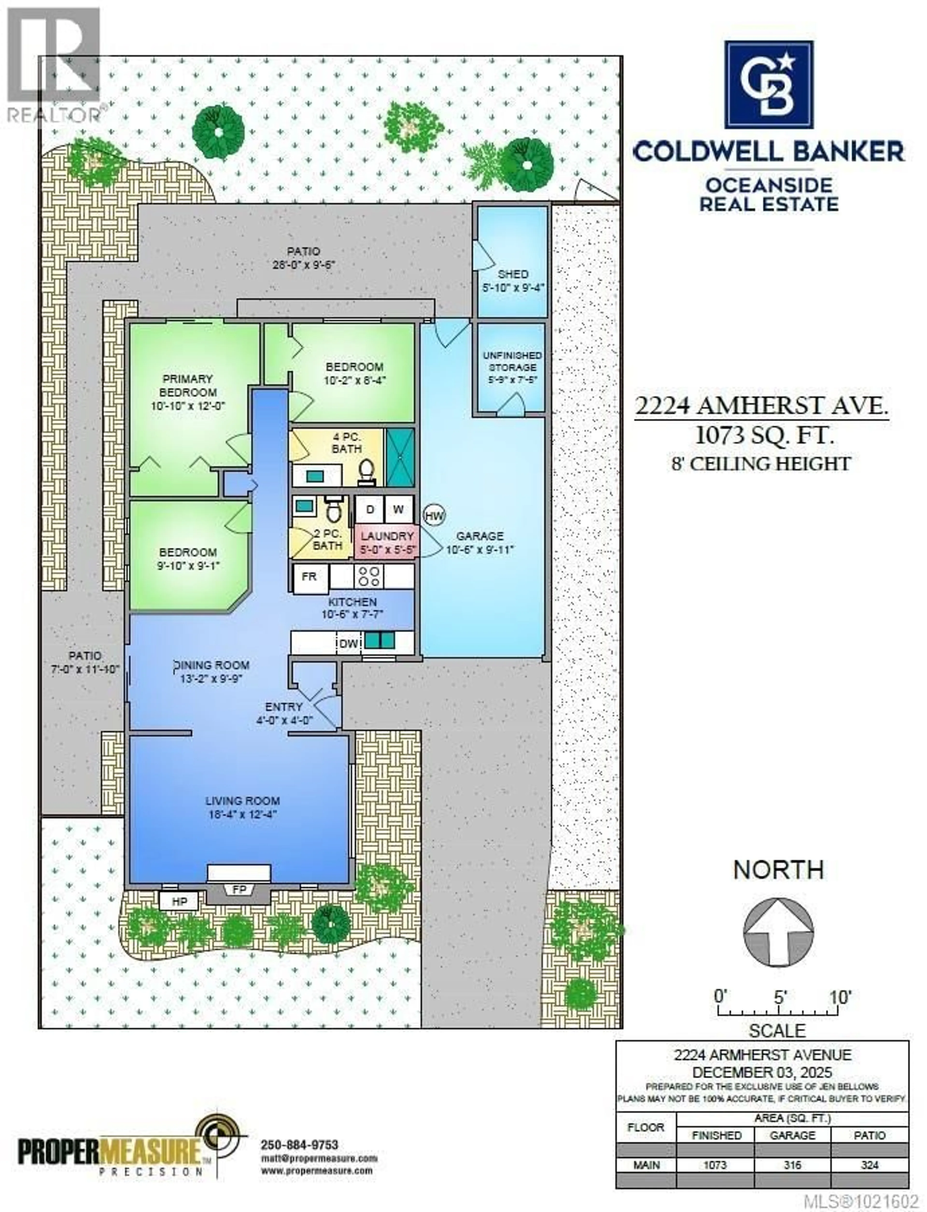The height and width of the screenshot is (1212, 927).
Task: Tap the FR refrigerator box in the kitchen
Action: coord(309,577)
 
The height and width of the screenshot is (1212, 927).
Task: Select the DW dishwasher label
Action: coord(349,643)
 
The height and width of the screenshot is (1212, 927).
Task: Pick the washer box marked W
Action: coord(398,509)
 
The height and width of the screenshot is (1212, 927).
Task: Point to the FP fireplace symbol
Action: coord(239,890)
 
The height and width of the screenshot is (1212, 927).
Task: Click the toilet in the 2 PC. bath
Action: coord(333,510)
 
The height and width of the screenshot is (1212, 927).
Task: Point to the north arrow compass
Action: coord(778,932)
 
